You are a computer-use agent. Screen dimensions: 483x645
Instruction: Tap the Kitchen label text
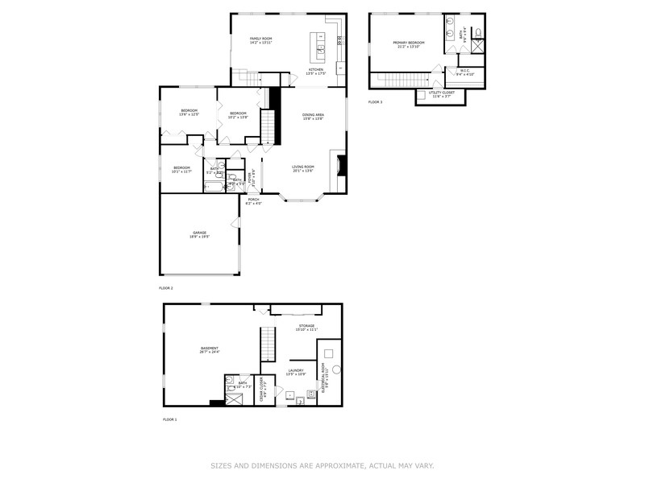point(316,71)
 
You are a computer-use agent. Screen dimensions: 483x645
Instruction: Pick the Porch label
point(253,201)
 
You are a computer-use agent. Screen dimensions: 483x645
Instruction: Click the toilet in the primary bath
point(477,33)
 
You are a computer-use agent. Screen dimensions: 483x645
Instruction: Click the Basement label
point(209,349)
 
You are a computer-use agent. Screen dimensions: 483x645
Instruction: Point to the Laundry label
point(295,372)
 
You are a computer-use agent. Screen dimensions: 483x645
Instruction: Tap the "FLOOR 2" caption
point(166,287)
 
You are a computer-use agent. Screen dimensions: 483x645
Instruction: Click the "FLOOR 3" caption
point(375,102)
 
